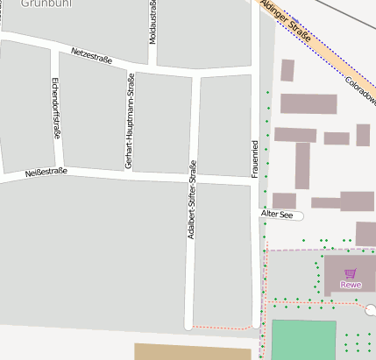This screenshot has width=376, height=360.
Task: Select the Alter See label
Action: point(277,215)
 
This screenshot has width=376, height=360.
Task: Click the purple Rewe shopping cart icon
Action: point(351,273)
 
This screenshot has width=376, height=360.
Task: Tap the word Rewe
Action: point(351,285)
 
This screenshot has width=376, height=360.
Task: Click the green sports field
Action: point(303,340)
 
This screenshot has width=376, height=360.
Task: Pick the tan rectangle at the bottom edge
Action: point(192,351)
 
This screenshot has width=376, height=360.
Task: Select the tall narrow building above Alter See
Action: point(302,166)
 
